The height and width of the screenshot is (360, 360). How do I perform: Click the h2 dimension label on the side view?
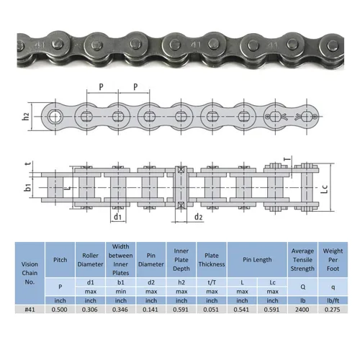coord(26,117)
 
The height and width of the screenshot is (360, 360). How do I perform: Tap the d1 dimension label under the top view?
coord(117,217)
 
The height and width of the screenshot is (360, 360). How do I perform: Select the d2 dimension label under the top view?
coord(198,217)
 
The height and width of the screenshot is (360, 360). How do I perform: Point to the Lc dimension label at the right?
coord(324,189)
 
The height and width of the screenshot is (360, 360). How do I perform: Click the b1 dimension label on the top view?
coord(28,187)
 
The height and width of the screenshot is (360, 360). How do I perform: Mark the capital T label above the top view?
coord(287,158)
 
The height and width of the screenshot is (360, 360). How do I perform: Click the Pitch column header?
coord(60,260)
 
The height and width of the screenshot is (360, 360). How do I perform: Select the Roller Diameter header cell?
coord(90,260)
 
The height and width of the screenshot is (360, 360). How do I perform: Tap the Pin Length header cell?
coord(257,260)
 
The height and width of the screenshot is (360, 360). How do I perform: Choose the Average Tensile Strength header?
coord(302,260)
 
